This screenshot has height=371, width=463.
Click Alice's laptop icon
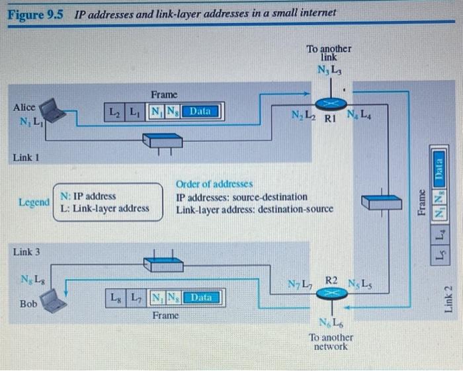point(54,113)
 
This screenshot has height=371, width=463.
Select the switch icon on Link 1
point(164,141)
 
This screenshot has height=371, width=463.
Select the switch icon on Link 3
point(164,263)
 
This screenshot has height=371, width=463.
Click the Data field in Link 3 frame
point(201,298)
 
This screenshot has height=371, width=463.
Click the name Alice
point(24,106)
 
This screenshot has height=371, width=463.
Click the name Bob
point(28,304)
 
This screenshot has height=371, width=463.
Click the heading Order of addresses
point(214,183)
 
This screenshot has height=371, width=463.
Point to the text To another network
point(331,342)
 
